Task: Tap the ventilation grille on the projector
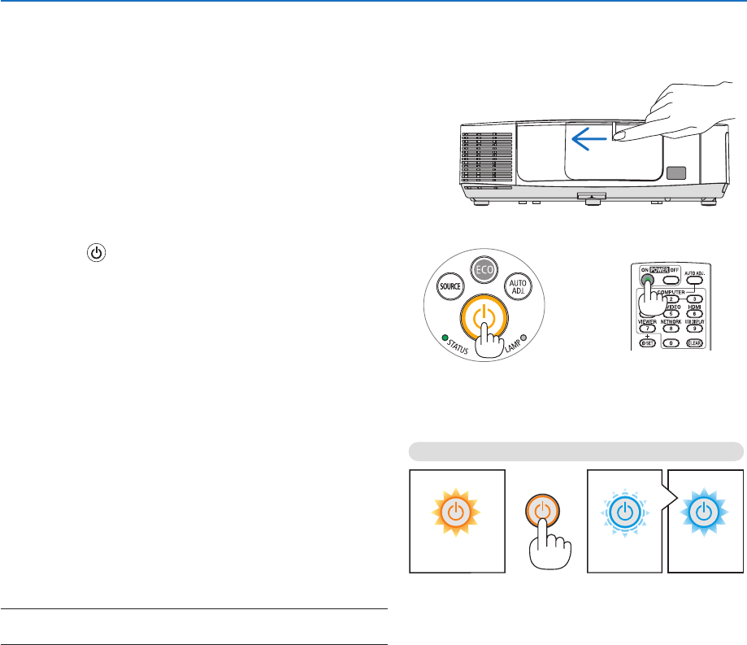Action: point(487,158)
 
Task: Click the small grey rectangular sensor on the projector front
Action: point(674,173)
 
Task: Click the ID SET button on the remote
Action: point(647,342)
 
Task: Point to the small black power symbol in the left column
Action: point(97,254)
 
